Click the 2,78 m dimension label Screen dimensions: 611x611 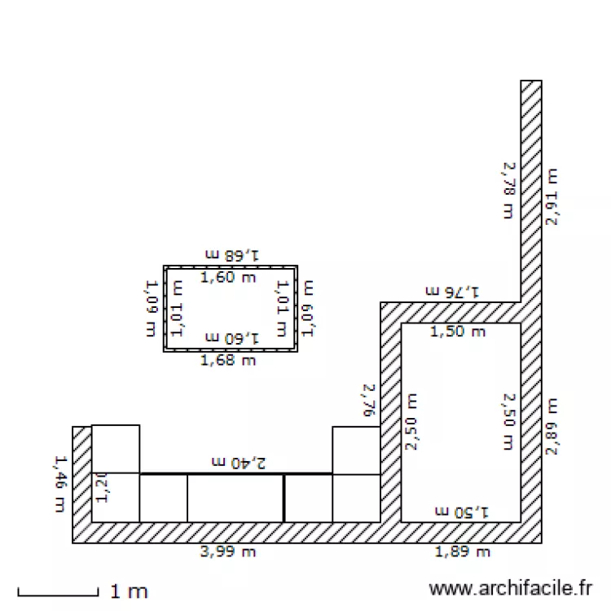pos(509,191)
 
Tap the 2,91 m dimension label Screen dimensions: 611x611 pos(552,197)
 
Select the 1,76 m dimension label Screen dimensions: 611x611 pos(452,292)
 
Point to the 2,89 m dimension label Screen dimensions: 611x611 pos(552,427)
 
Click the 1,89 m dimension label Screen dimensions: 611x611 pos(463,552)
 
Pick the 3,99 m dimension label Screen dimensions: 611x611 pos(228,552)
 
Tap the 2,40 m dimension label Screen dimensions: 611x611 pos(239,463)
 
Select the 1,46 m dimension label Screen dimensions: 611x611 pos(59,484)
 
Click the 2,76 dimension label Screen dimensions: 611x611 pos(369,401)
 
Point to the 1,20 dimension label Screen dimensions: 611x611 pos(102,488)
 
